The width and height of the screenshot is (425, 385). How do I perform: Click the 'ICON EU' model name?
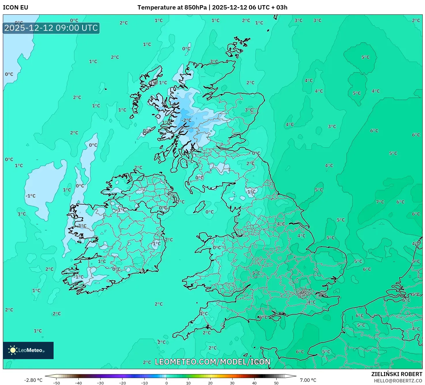click(x=16, y=7)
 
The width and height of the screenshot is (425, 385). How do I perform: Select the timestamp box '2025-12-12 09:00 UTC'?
click(x=51, y=28)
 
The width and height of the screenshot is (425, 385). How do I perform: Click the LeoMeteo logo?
click(x=28, y=350)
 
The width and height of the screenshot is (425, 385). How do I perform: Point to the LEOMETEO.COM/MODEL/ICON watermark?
click(x=213, y=362)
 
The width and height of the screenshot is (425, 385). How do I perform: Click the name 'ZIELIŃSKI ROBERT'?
click(x=396, y=374)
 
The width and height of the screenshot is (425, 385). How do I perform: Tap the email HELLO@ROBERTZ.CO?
click(x=398, y=381)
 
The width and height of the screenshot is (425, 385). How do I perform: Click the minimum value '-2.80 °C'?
click(x=33, y=380)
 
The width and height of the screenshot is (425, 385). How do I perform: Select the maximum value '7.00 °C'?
click(x=308, y=380)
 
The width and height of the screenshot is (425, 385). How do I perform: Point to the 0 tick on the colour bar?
click(x=166, y=383)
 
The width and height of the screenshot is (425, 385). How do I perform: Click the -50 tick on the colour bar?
click(x=56, y=383)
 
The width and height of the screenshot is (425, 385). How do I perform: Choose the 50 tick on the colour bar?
click(x=276, y=383)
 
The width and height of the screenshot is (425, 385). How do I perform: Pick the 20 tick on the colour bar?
click(x=210, y=383)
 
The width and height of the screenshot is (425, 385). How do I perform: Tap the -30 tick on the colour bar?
click(x=100, y=383)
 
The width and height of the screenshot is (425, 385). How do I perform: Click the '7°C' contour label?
click(x=380, y=202)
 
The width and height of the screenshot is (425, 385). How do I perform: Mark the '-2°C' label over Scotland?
click(x=186, y=120)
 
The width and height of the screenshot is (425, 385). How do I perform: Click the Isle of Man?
click(x=200, y=207)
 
